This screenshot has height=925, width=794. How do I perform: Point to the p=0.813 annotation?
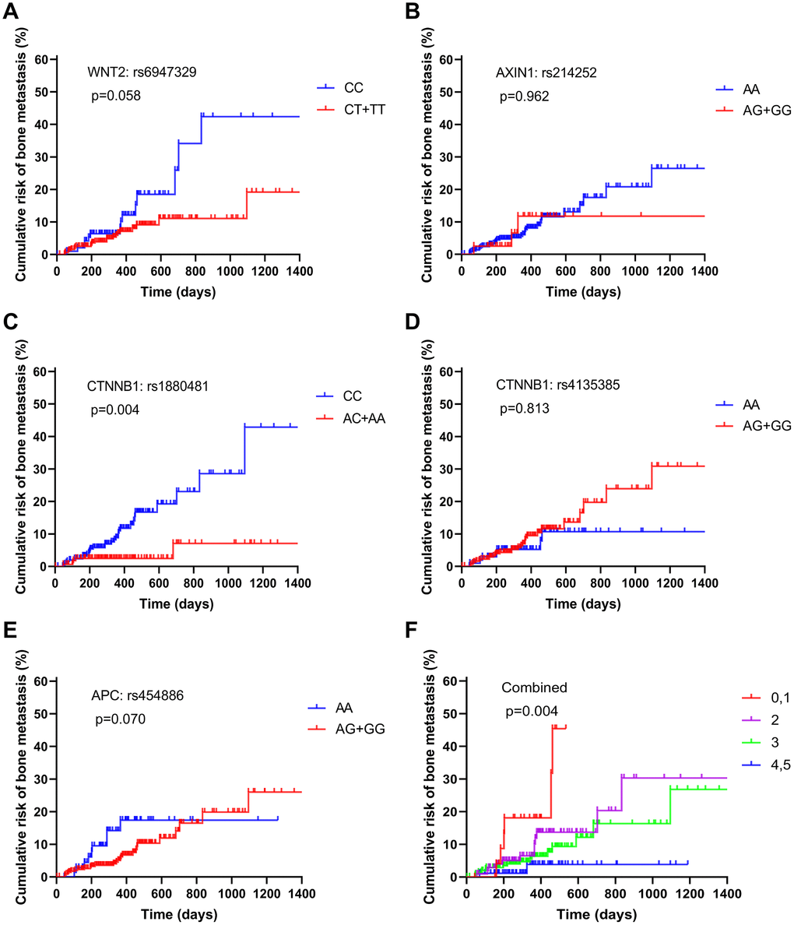pyautogui.click(x=524, y=409)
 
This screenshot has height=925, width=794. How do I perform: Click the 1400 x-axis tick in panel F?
pyautogui.click(x=726, y=892)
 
